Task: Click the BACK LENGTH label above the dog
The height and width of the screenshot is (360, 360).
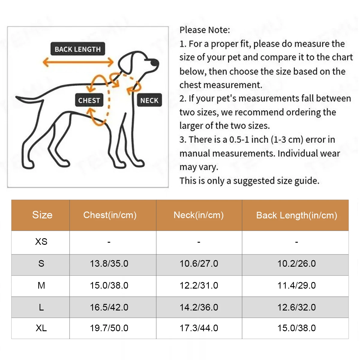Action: click(x=78, y=49)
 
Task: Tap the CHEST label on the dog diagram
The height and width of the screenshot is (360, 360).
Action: click(x=89, y=100)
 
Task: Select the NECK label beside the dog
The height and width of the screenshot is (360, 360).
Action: click(x=149, y=100)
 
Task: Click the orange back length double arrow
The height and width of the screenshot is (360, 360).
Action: click(x=78, y=62)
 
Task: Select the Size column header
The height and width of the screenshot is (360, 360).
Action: click(x=42, y=215)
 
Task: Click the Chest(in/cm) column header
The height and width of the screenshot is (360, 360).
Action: click(x=110, y=215)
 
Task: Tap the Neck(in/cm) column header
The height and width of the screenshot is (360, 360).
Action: click(x=199, y=215)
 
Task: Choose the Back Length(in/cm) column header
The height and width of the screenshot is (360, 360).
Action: click(x=296, y=215)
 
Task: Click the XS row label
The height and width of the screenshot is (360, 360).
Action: click(x=41, y=242)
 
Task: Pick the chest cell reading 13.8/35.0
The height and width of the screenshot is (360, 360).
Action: click(x=109, y=264)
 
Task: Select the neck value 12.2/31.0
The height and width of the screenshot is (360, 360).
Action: click(x=199, y=285)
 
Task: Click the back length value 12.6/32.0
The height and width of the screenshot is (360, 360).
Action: click(x=296, y=307)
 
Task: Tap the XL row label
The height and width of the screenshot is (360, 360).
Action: click(x=41, y=328)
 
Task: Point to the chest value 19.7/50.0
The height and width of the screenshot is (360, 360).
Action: click(x=109, y=328)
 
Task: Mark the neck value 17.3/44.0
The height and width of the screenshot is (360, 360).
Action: click(x=199, y=328)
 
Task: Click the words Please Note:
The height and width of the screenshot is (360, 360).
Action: click(x=205, y=30)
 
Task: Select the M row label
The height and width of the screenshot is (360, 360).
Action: click(x=41, y=285)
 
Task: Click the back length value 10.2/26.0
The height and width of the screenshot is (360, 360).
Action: click(x=296, y=264)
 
